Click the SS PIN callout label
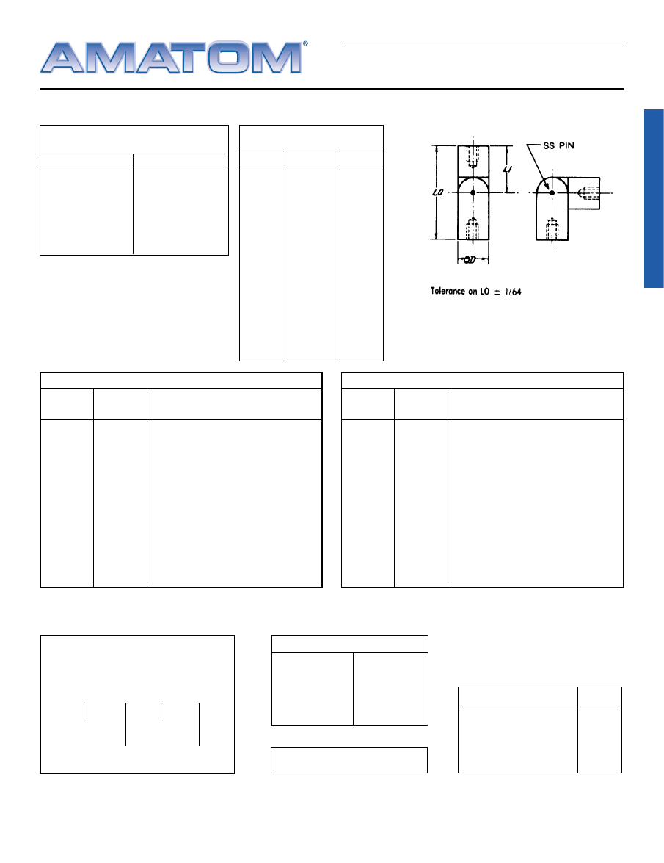point(558,146)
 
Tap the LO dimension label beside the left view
point(438,192)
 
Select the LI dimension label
point(508,169)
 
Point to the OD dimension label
point(470,260)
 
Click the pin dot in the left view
point(473,192)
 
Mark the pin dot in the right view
point(552,192)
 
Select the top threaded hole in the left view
point(473,156)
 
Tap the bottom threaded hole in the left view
point(473,228)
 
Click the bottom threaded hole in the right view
point(552,229)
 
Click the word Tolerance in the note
point(448,291)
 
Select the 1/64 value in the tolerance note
point(513,292)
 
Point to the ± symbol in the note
point(497,292)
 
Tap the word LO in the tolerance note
point(485,291)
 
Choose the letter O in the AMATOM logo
point(227,57)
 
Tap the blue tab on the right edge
point(654,199)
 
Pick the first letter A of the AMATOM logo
point(62,57)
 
